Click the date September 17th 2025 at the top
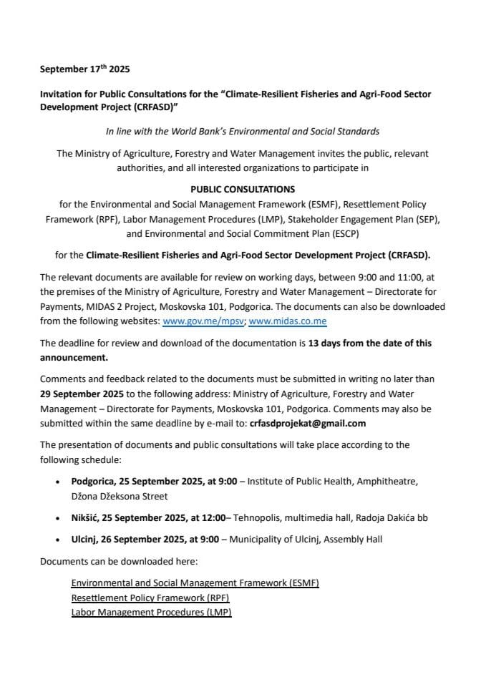coord(85,70)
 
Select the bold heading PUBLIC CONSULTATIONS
coord(242,189)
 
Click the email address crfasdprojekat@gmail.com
coord(307,423)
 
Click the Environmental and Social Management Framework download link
coord(195,583)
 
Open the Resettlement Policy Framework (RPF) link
coord(150,598)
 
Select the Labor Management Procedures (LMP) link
coord(151,613)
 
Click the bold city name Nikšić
coord(85,517)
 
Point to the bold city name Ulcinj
coord(85,539)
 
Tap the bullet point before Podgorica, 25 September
coord(58,482)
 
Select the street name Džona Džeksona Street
coord(119,496)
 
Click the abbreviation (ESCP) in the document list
coord(338,233)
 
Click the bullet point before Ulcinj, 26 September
coord(58,540)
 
